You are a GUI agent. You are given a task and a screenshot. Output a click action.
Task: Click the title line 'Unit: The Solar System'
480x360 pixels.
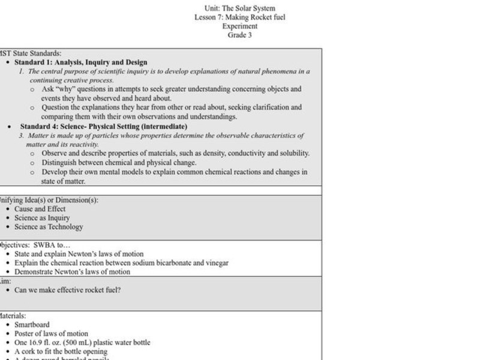239,8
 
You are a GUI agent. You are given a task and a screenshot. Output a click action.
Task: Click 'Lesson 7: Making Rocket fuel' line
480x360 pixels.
239,17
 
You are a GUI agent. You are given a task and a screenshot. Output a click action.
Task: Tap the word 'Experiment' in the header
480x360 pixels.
239,26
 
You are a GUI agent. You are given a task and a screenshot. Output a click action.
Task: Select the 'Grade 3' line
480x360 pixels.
239,35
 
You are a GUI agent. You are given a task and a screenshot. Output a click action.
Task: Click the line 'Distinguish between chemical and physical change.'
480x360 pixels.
119,163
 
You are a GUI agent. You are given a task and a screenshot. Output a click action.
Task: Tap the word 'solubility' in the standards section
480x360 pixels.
292,154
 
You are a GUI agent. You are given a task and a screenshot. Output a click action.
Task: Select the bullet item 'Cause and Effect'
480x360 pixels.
40,209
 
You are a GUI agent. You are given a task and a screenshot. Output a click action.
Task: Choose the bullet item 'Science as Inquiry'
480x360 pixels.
42,218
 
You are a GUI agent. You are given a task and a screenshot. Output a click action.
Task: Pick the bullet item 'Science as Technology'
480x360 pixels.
49,227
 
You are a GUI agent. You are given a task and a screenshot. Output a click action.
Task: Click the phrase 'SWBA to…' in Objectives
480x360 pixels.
55,245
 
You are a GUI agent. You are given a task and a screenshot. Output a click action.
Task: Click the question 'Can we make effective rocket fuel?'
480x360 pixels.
67,290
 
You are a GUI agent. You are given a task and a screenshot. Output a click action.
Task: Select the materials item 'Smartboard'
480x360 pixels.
32,325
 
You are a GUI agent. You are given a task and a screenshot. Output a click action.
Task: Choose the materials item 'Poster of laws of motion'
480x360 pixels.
51,334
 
